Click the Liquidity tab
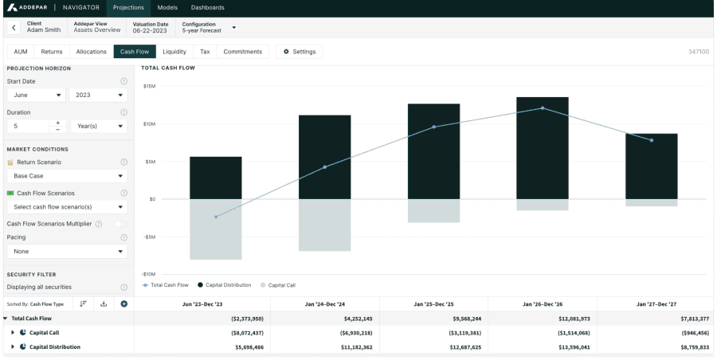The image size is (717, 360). [174, 52]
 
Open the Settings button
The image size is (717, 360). [300, 52]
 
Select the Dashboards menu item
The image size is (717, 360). [207, 7]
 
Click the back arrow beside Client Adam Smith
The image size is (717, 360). [14, 28]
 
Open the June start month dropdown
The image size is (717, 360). [37, 95]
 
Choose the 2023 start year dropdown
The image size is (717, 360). [98, 95]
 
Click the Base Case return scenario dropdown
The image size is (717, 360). [67, 176]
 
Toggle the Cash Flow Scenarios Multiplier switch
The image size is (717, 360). [120, 224]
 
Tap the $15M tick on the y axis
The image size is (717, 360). [149, 86]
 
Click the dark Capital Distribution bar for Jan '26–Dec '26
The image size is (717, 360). [543, 147]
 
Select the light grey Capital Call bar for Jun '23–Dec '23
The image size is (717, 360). [215, 229]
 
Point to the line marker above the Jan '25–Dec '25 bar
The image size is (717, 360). [434, 127]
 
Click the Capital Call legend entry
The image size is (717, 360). [278, 284]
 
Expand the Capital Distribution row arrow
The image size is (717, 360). [13, 346]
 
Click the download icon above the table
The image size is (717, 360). [104, 303]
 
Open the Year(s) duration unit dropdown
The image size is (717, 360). [98, 126]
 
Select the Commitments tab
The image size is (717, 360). [242, 52]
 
